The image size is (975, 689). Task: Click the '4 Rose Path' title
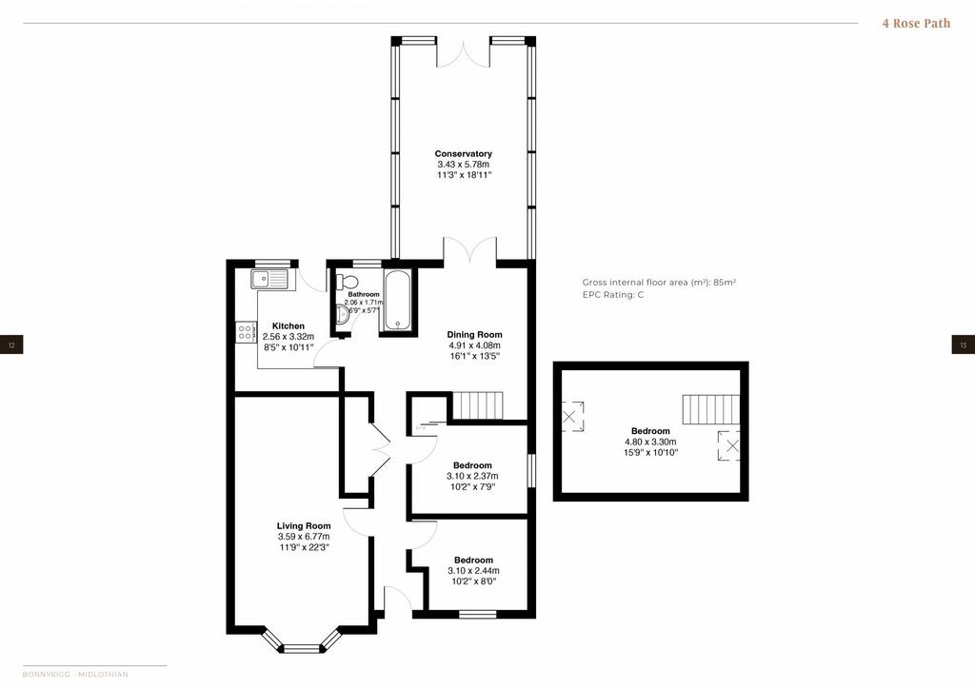point(916,24)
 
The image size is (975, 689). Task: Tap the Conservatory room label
point(464,153)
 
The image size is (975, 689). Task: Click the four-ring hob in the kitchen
point(246,331)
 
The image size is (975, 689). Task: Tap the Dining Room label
point(474,334)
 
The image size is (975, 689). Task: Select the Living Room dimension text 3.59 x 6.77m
point(304,537)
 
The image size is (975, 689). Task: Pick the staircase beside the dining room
point(477,405)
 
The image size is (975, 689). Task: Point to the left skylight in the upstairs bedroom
point(572,416)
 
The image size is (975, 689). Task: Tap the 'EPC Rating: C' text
point(613,294)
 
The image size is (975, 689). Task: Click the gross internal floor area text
point(659,282)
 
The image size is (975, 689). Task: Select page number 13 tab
point(964,344)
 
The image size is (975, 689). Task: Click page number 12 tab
point(11,344)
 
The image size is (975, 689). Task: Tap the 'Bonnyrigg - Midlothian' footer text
point(75,674)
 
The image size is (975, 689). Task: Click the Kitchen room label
point(289,325)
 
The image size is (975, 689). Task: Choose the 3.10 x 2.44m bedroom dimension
point(474,571)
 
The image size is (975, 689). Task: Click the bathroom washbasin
point(344,315)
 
